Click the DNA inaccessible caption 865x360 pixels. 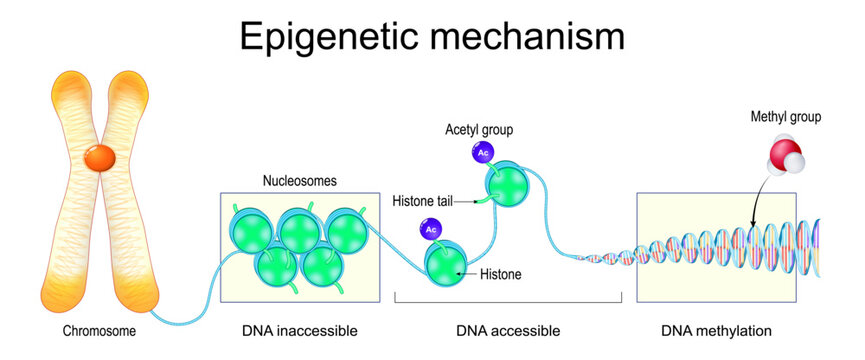click(299, 330)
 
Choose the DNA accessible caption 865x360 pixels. click(507, 330)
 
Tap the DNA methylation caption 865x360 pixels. click(716, 330)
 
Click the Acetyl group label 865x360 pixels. click(479, 131)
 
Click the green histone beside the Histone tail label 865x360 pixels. click(507, 186)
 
